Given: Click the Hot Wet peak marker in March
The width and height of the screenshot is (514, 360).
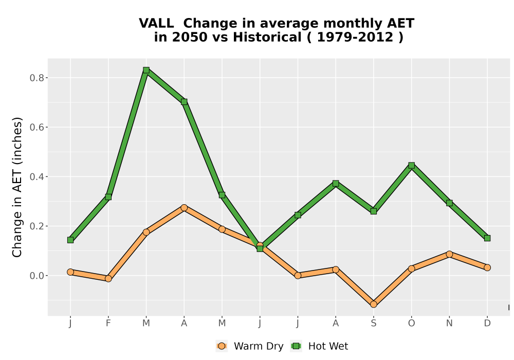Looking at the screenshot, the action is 146,70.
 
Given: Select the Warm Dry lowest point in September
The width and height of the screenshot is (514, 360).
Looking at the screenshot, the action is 373,304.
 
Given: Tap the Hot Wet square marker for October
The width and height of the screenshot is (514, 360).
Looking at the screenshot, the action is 411,165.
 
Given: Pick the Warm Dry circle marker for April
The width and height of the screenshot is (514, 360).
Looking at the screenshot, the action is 184,208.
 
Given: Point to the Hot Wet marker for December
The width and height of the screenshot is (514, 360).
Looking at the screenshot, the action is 487,238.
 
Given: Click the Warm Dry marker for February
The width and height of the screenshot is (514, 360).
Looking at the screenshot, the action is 108,279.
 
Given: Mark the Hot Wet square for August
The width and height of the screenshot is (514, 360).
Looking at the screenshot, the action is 336,183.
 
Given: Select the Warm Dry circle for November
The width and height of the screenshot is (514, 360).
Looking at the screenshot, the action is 449,254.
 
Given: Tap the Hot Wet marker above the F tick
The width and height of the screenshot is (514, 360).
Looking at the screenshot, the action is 108,197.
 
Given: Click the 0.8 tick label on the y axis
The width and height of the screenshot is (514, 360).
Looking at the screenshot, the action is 36,78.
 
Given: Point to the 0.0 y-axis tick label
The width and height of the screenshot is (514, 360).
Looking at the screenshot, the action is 36,276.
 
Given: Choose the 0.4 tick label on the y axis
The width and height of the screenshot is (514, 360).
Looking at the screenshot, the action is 36,177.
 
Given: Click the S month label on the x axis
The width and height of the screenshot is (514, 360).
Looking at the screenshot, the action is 373,323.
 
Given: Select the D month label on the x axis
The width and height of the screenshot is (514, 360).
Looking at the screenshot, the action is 487,323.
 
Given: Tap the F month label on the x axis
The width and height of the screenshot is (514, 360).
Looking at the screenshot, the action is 108,323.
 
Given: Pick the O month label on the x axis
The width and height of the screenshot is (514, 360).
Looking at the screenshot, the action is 411,323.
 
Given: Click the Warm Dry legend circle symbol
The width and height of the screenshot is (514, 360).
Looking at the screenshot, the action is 222,346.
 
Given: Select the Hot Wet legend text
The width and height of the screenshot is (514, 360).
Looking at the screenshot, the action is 328,346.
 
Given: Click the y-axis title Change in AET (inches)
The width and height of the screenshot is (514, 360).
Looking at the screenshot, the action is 17,187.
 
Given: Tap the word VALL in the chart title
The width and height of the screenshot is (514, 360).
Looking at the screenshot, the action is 156,23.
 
